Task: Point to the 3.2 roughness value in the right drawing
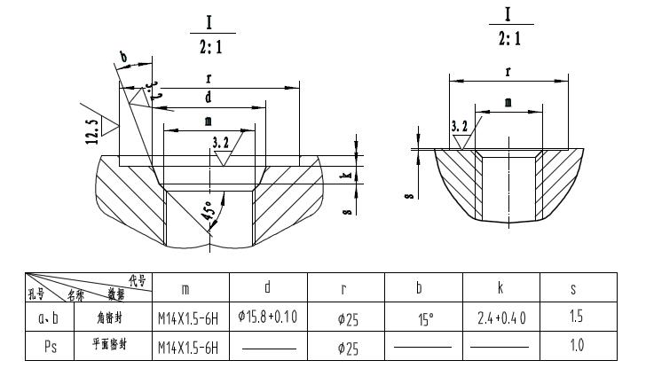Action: (x=460, y=128)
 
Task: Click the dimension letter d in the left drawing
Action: (x=208, y=96)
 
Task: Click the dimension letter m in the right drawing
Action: (x=508, y=103)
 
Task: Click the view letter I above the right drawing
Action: (x=508, y=15)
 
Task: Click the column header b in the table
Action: (x=421, y=288)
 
